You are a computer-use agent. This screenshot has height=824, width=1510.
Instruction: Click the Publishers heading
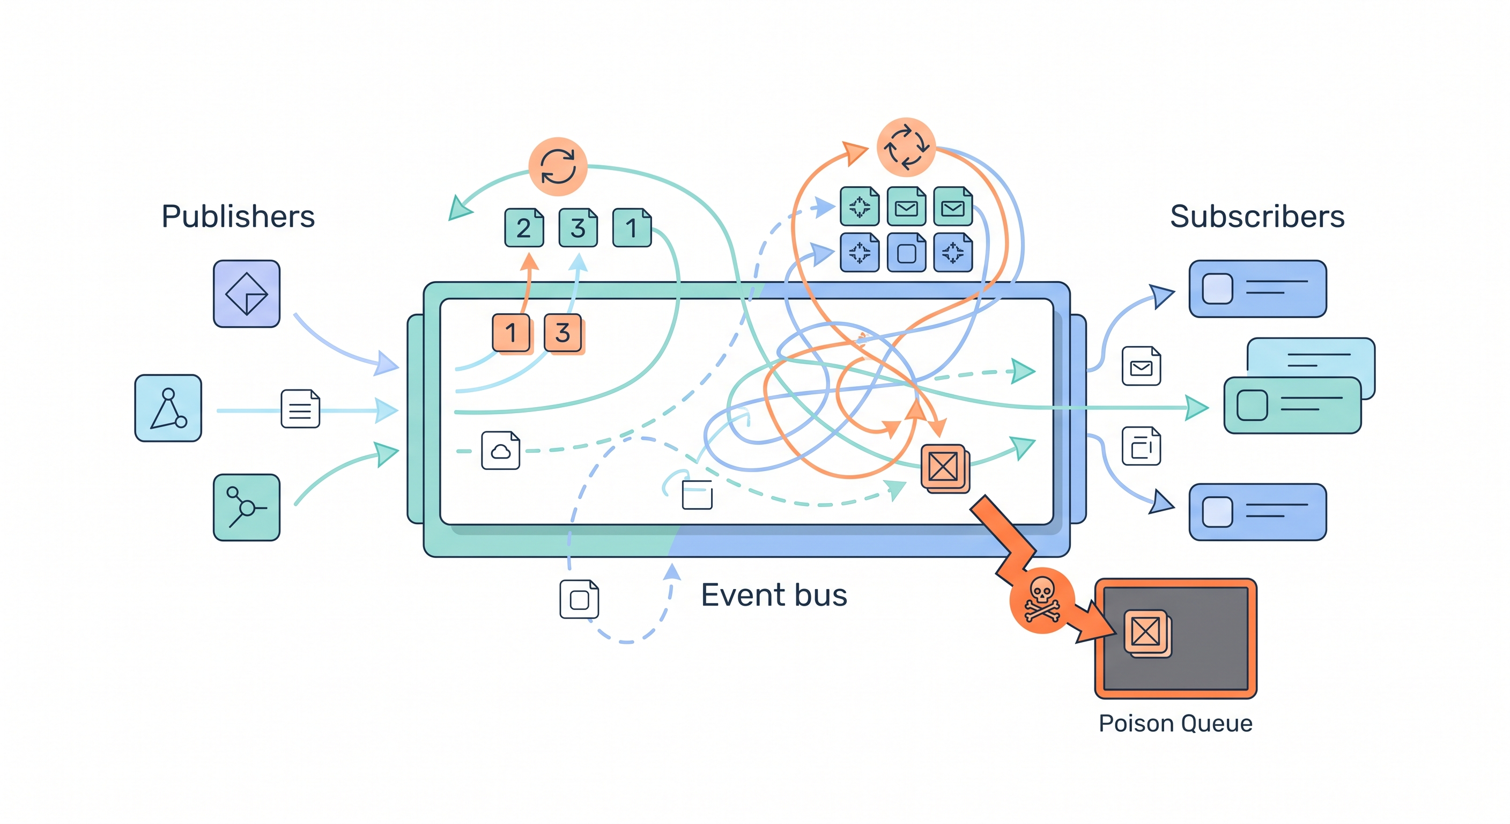[238, 216]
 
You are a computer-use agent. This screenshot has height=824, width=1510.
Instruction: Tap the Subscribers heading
[1257, 216]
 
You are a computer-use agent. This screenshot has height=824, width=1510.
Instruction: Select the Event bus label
[774, 595]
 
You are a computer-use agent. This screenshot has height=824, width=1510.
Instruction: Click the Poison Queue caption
[1175, 723]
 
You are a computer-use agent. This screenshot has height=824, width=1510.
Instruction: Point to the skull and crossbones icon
[1042, 599]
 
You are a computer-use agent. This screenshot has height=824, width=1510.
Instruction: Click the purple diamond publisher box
[246, 294]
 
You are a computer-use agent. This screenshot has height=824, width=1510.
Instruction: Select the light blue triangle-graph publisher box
[168, 408]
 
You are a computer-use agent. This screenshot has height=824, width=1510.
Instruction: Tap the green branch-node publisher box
[246, 507]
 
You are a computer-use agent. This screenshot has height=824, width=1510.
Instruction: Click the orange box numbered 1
[511, 333]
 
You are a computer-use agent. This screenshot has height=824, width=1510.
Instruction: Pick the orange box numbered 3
[562, 333]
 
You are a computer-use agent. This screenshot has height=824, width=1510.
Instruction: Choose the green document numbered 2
[523, 227]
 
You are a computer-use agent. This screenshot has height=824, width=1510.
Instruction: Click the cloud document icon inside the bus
[500, 451]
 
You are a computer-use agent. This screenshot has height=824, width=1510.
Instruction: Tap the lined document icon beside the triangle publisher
[300, 409]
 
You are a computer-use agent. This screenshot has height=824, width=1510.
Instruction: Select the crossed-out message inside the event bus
[944, 467]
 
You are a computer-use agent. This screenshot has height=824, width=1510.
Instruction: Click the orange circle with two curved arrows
[558, 166]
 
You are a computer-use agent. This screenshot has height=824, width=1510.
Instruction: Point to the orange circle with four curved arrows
[906, 146]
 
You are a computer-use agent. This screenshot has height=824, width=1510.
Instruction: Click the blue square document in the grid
[906, 253]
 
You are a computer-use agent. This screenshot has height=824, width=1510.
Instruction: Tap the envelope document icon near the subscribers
[1141, 366]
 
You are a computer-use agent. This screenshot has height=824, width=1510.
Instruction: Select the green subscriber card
[1292, 405]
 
